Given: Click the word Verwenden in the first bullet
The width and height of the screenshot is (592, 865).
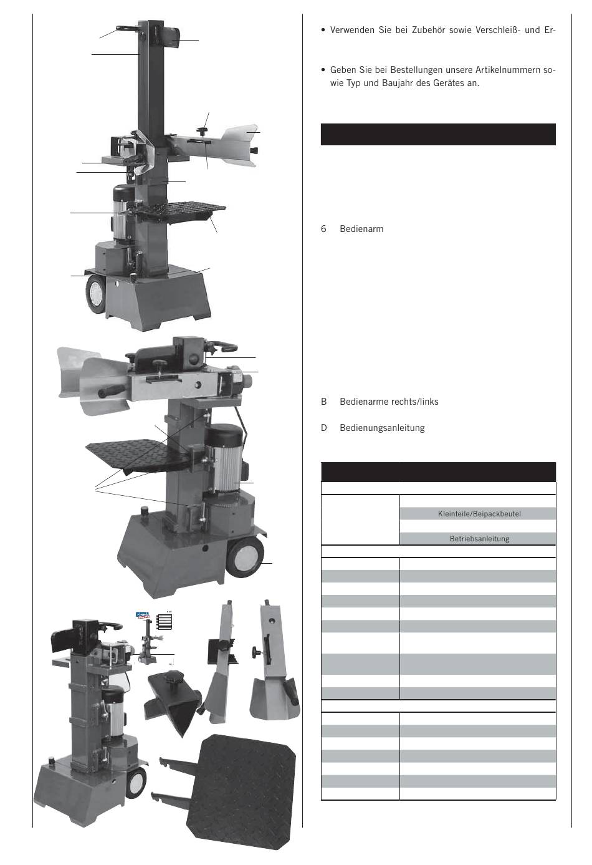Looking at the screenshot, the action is (x=352, y=30).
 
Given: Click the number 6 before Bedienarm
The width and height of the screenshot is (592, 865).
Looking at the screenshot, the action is (x=323, y=229).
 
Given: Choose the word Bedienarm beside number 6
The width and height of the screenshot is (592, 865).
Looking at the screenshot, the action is (x=361, y=229).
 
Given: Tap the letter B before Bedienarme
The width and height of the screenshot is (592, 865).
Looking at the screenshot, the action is (x=324, y=402).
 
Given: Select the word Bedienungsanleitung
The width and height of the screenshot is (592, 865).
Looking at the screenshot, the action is (x=382, y=428).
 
